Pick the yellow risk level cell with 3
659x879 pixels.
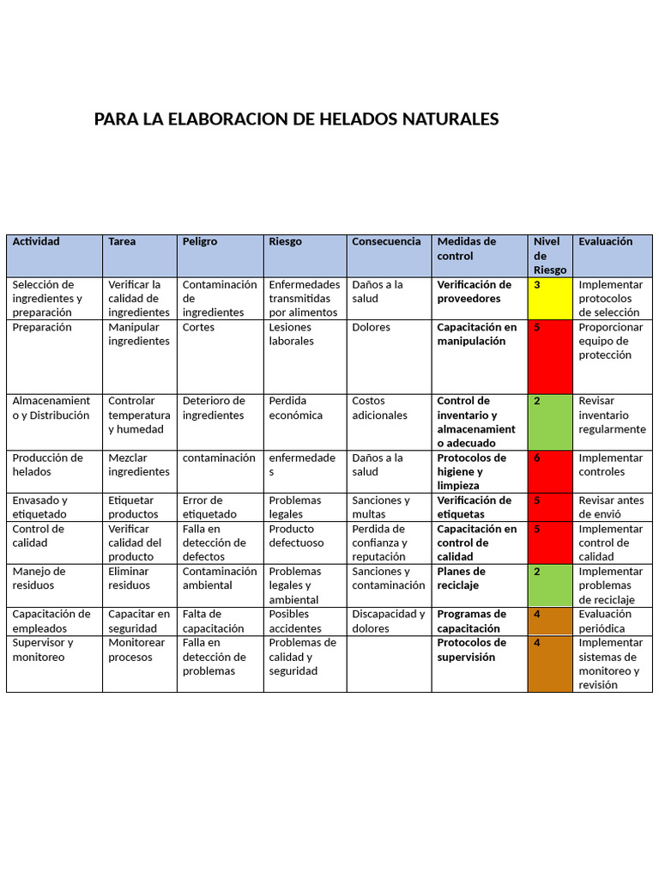pyautogui.click(x=550, y=298)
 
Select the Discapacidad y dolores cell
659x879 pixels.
pyautogui.click(x=388, y=621)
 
